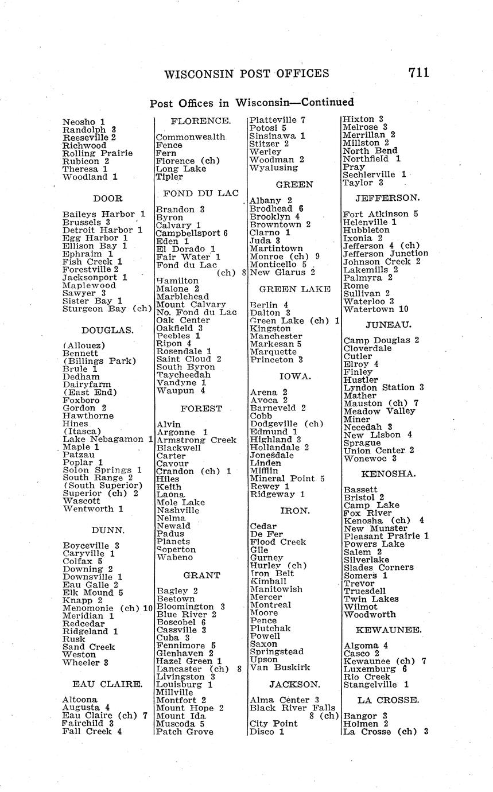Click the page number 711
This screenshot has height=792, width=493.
point(418,72)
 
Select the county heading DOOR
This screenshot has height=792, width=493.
point(107,199)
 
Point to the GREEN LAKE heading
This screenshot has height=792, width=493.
point(294,289)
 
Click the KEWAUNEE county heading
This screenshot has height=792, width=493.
point(389,630)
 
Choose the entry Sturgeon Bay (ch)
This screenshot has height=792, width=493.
point(107,309)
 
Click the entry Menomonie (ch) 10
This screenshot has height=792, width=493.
point(107,608)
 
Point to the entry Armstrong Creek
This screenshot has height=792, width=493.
point(196,440)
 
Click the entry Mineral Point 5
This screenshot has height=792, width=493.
point(288,478)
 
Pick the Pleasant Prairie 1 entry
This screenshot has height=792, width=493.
point(386,536)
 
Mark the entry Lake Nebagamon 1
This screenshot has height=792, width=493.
point(107,439)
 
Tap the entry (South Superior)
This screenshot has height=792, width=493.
point(103,485)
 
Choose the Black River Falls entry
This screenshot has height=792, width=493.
point(292,708)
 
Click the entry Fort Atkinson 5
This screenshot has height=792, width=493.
point(381,214)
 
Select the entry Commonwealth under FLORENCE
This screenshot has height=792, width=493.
point(191,138)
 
